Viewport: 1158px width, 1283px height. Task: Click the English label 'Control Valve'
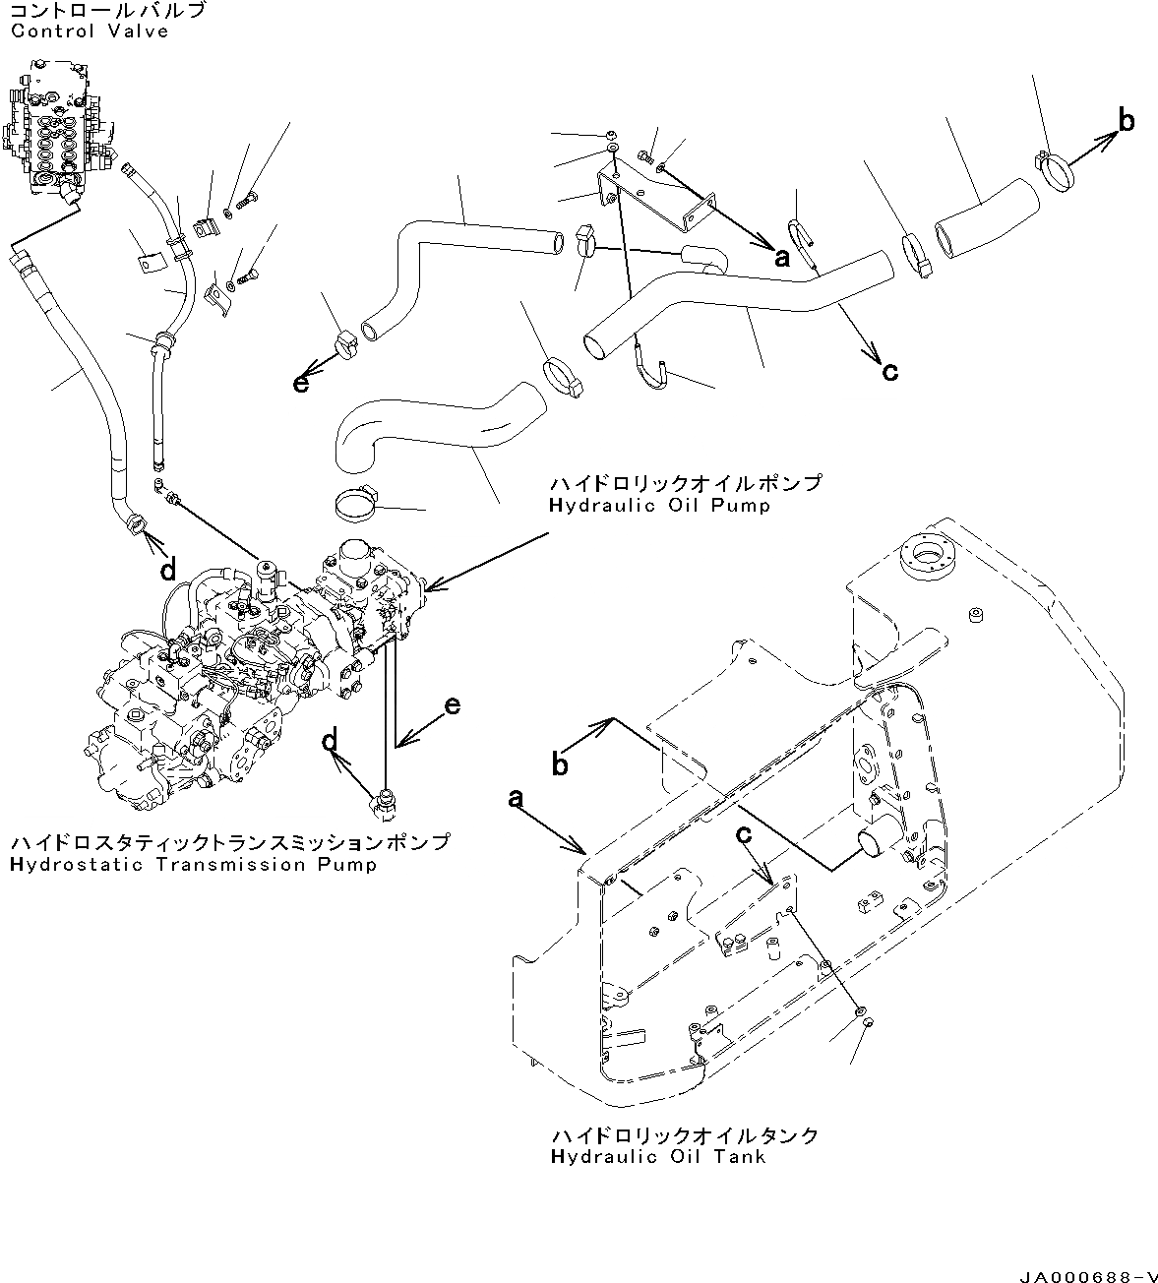(90, 31)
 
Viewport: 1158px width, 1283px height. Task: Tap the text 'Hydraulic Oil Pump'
(659, 506)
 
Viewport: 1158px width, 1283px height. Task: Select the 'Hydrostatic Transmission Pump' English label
(194, 865)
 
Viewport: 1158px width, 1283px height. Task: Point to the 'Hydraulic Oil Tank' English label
(658, 1157)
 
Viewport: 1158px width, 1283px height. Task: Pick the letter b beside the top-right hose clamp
(1127, 122)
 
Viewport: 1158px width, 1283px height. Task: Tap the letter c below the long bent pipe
(889, 372)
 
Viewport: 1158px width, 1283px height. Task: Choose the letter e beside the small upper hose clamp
(301, 383)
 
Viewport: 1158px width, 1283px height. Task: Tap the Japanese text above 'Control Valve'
(108, 11)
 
